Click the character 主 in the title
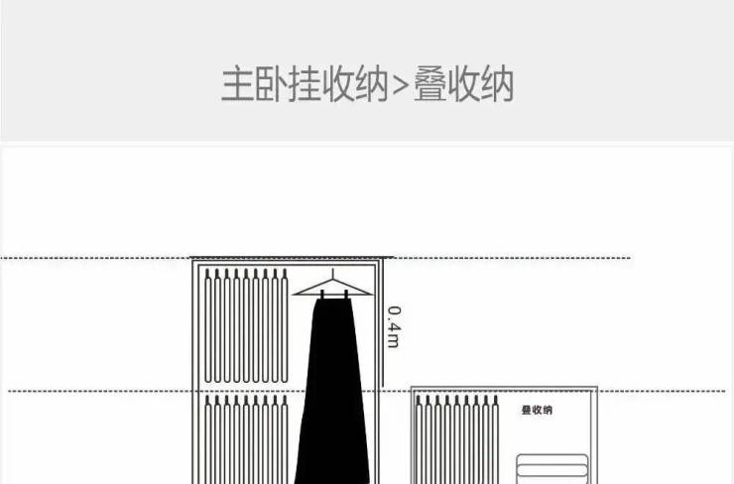(x=237, y=84)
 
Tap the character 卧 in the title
(x=271, y=84)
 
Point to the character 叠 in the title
(x=429, y=84)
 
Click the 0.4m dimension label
(x=394, y=326)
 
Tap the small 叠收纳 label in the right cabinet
(x=537, y=410)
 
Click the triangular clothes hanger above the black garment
(x=333, y=287)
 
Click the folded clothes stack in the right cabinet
(x=552, y=468)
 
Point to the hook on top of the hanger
(x=333, y=274)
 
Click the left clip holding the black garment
(x=322, y=295)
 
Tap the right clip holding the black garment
(x=346, y=295)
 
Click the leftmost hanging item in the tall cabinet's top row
(x=208, y=325)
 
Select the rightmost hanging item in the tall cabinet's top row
(x=284, y=325)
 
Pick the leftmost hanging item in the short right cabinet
(x=419, y=439)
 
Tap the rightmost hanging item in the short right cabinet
(x=495, y=439)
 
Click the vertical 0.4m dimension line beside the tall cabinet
(x=383, y=323)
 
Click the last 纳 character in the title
(x=498, y=84)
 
